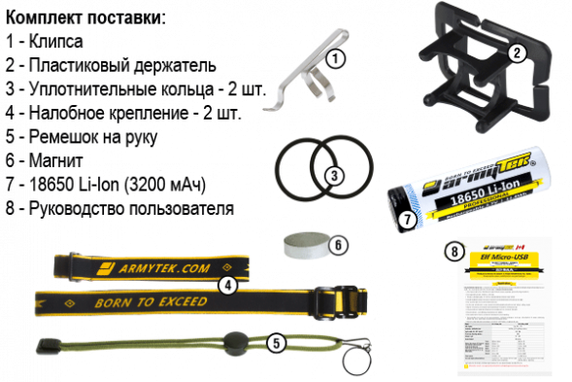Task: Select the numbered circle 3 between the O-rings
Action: [332, 175]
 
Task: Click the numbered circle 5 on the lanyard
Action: [276, 341]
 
